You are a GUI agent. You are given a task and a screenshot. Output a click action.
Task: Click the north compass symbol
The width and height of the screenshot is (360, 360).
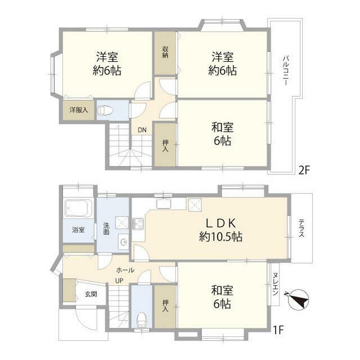pos(298,300)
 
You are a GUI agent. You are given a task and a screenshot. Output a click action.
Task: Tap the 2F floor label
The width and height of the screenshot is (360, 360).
pos(304,170)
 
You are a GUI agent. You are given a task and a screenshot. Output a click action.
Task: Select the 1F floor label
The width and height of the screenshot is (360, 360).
pos(278,330)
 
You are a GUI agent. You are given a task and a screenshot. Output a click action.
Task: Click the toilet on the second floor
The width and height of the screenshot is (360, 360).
pos(105,110)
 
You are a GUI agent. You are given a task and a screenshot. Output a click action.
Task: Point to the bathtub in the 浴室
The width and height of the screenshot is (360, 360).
pos(79,208)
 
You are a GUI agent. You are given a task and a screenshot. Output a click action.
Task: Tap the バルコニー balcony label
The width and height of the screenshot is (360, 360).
pos(285,70)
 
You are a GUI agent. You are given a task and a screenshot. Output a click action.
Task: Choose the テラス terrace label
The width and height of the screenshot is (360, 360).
pos(301,228)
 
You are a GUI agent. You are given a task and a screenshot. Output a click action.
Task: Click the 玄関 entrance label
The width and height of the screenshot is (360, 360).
pos(91,294)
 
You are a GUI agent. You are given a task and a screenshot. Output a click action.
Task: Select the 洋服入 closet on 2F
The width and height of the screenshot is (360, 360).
pos(79,110)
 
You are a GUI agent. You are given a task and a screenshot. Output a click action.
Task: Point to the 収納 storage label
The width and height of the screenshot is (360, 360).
pos(165,52)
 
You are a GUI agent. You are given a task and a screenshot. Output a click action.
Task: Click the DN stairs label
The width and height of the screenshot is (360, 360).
pos(142,130)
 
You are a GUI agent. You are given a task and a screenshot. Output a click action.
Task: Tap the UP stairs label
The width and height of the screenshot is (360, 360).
pos(119,280)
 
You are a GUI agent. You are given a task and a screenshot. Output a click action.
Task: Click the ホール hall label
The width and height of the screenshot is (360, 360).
pos(125,270)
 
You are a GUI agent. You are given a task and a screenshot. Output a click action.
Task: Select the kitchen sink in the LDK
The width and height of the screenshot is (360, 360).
pos(164,203)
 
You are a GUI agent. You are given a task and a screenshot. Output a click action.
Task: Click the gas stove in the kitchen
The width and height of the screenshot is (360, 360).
pos(138,224)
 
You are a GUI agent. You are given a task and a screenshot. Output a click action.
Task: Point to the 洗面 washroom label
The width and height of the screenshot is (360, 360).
pos(106,228)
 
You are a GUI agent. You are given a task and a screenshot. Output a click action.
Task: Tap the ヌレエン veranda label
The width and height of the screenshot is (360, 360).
pos(275,284)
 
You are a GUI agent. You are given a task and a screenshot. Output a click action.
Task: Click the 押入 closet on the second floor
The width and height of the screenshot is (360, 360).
pos(165,145)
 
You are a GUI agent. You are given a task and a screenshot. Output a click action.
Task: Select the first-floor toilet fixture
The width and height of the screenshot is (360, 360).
pos(142,319)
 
